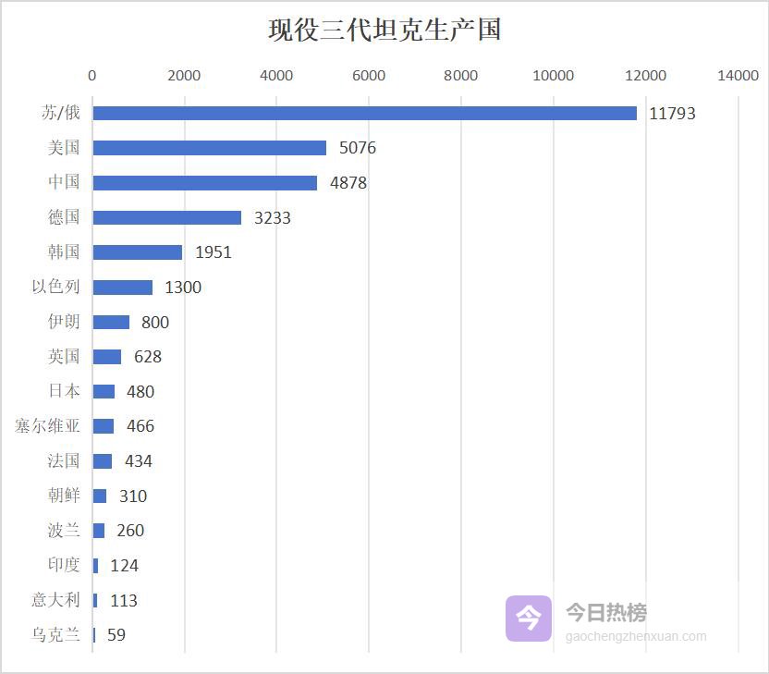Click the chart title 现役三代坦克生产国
[384, 30]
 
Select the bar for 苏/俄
[364, 113]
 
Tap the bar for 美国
[209, 148]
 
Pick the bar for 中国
[204, 183]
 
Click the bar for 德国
[166, 217]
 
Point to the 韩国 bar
[137, 252]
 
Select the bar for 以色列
[122, 288]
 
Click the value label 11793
[672, 114]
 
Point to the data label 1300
[182, 288]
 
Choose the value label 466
[140, 426]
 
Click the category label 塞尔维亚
[47, 426]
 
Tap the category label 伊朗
[64, 322]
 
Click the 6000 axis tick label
[369, 76]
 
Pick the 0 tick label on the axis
[92, 76]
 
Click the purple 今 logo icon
[528, 618]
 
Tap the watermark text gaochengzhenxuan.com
[635, 636]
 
